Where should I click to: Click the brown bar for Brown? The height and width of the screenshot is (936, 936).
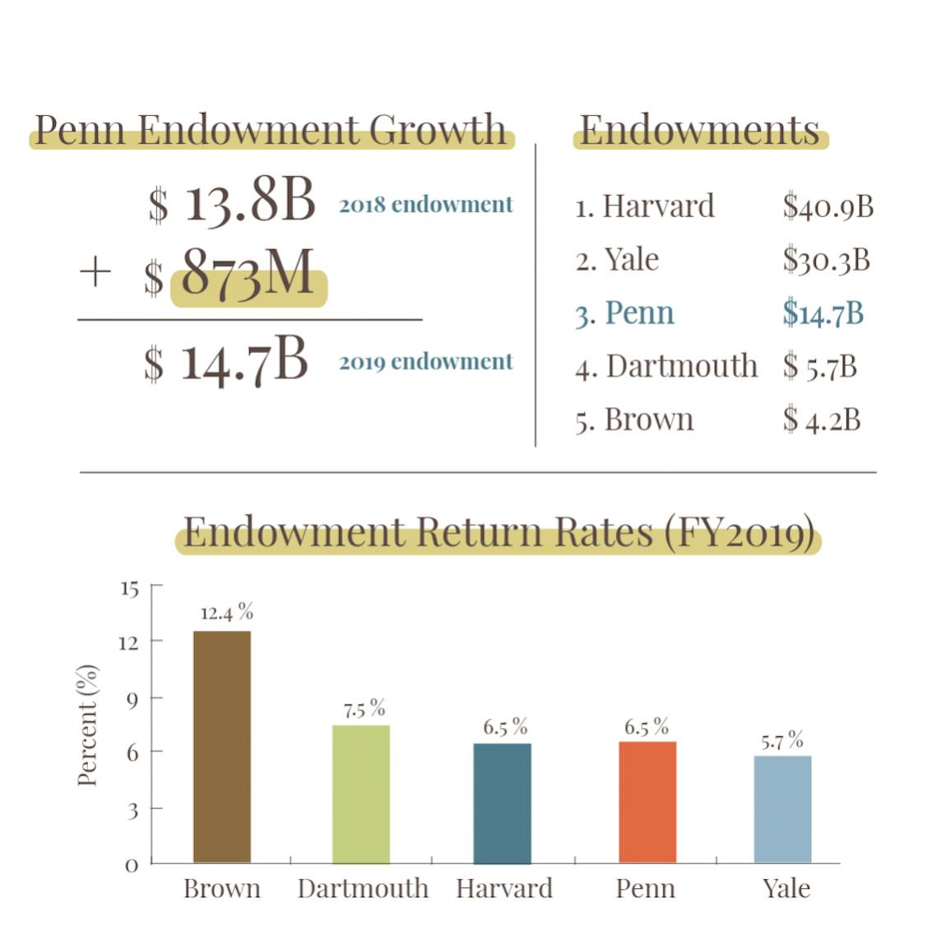point(222,747)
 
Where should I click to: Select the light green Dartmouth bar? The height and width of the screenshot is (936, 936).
point(361,794)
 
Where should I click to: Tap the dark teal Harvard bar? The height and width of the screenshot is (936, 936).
point(503,803)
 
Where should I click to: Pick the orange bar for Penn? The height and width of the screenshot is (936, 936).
point(647,802)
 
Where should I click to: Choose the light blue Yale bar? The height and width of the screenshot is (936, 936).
point(782,809)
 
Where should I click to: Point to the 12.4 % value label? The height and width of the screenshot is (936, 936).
point(226,613)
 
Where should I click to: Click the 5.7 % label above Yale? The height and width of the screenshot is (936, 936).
point(781,741)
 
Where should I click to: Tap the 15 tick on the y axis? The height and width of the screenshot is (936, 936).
point(129,589)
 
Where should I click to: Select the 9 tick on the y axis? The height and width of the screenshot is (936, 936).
point(132,698)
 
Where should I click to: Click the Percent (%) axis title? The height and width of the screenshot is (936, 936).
point(87,725)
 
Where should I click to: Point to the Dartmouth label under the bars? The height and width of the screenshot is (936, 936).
point(363,888)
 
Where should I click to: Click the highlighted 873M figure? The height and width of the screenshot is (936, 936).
point(248,275)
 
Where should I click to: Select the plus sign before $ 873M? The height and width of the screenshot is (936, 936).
point(95,272)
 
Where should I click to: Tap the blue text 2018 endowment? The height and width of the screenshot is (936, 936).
point(425,204)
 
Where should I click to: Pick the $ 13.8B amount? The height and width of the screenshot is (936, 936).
point(232,202)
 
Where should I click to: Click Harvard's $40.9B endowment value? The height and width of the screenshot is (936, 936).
point(827,206)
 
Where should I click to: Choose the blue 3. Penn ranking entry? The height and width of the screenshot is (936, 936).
point(624,313)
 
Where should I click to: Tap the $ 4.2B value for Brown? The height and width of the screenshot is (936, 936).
point(821,419)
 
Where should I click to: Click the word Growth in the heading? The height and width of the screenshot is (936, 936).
point(437,130)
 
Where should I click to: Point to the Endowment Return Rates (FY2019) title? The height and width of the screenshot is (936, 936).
point(498,532)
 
